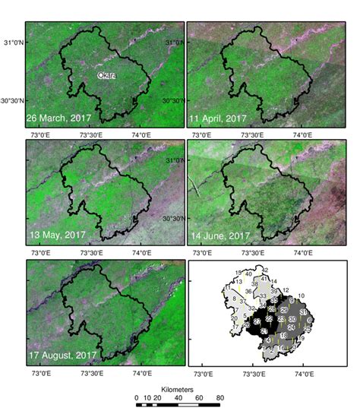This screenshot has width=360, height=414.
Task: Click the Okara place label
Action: point(106,75)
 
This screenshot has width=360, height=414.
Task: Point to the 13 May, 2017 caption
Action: point(55,235)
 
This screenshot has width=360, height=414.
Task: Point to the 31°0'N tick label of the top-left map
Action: point(16,43)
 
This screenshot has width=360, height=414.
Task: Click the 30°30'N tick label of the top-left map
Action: point(14,100)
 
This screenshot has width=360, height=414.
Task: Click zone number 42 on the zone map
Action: point(265,270)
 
